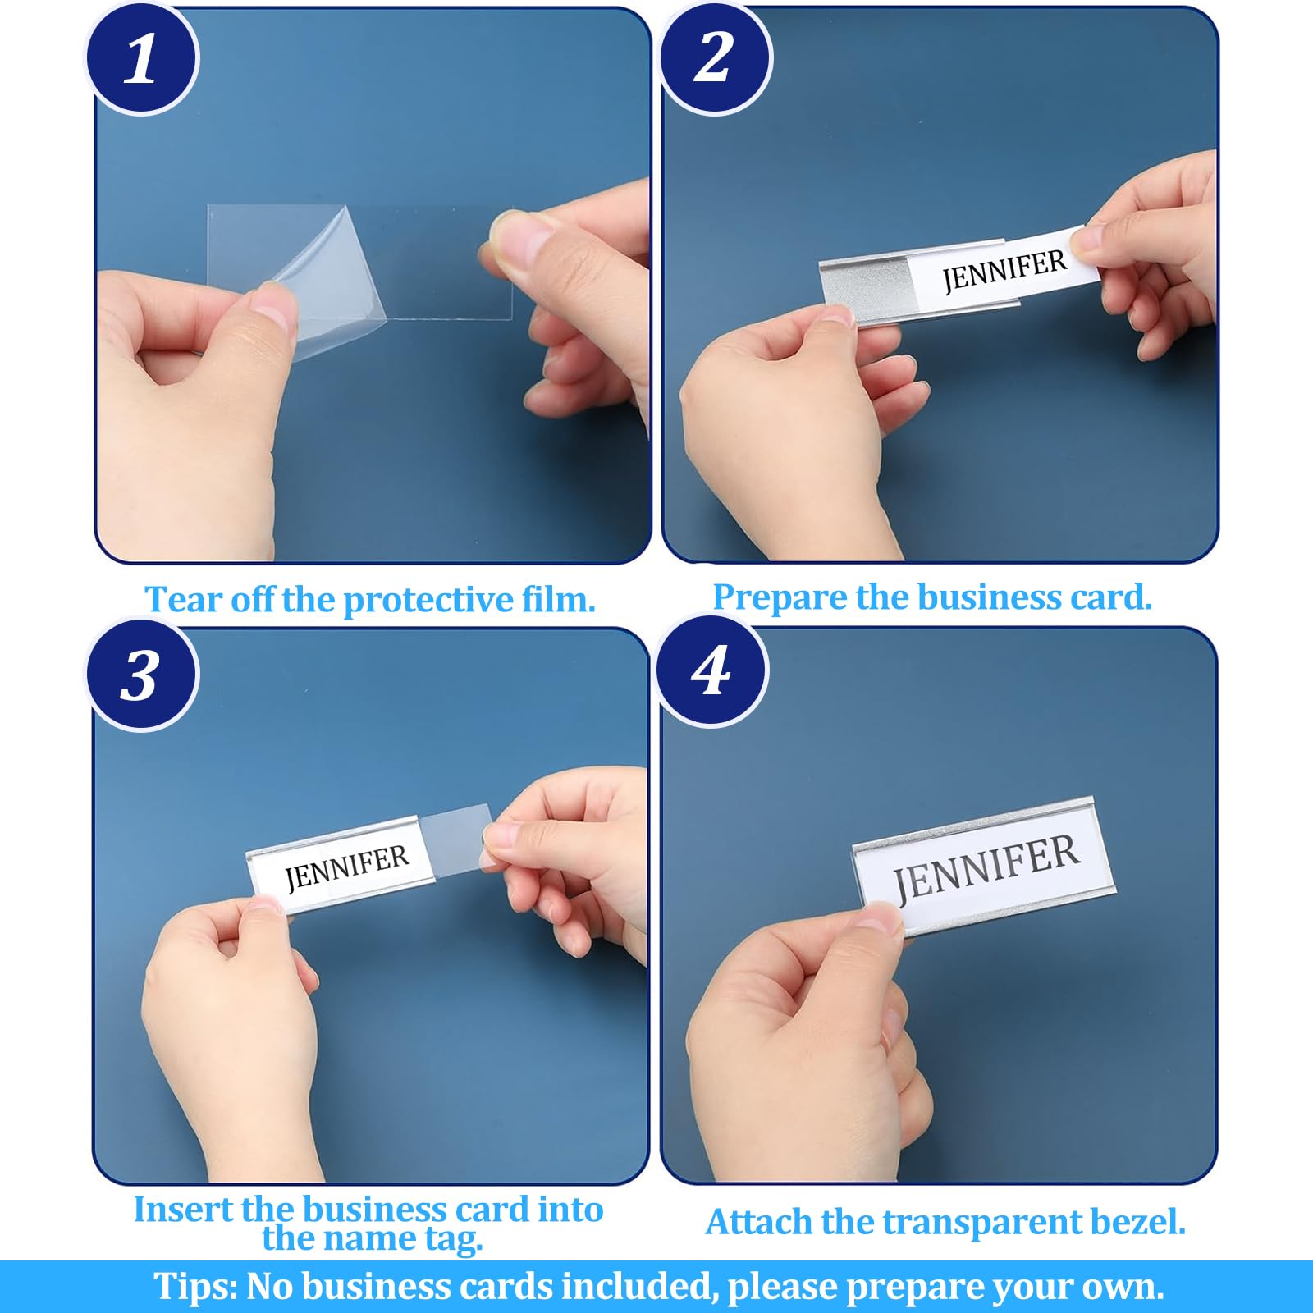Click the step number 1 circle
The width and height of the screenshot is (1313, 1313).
142,59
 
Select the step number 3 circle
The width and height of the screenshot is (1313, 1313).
142,675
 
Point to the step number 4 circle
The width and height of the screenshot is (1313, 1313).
711,671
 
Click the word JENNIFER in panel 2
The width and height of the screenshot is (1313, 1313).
1004,270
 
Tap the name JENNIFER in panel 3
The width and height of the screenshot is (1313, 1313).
346,867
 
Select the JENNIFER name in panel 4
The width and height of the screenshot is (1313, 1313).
986,867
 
